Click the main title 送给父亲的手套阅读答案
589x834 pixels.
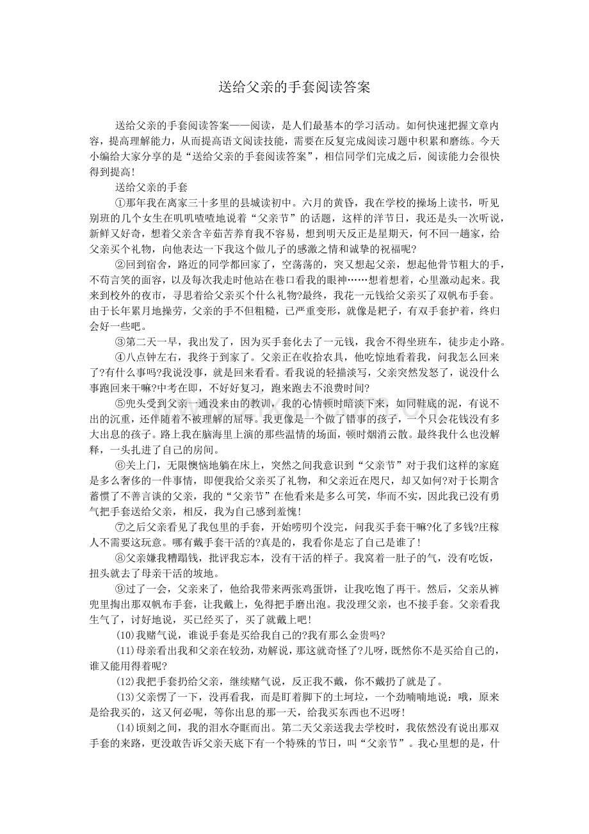(x=294, y=88)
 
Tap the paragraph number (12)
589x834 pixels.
(x=124, y=680)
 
